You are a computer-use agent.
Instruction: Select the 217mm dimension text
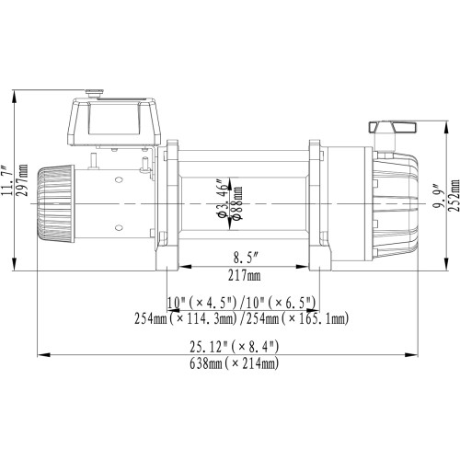point(241,276)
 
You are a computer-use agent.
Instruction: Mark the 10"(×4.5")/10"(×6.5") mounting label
point(242,303)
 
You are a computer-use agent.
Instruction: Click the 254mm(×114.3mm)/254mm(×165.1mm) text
point(242,318)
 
